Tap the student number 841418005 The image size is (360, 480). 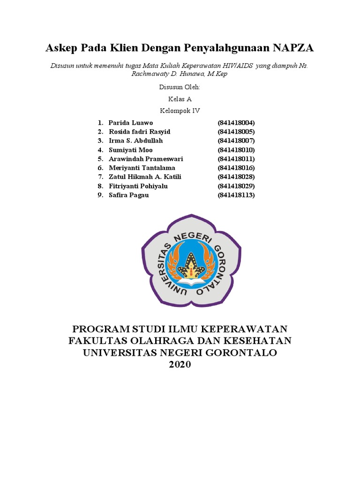coord(236,132)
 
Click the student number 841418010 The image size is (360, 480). coord(236,150)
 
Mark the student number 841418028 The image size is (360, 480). coord(236,177)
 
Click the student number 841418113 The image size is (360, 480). coord(236,195)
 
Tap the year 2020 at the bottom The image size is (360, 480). coord(180,365)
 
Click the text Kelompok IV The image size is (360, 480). coord(180,111)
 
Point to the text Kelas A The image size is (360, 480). coord(180,99)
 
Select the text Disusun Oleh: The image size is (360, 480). coord(180,87)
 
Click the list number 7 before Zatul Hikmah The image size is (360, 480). coord(100,177)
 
